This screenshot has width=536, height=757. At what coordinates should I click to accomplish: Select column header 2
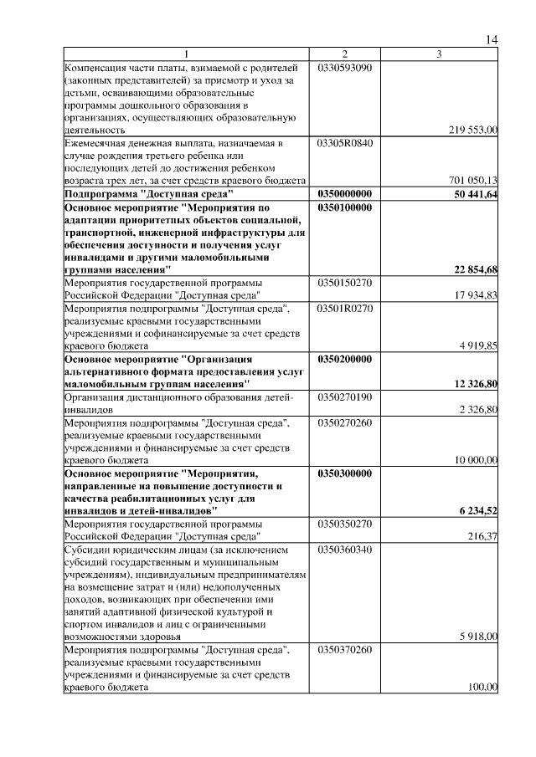tap(344, 54)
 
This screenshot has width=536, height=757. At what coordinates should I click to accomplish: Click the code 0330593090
tap(344, 67)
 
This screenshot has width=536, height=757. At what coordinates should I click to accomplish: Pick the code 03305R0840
tap(344, 143)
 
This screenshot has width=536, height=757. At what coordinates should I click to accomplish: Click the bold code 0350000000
tap(344, 193)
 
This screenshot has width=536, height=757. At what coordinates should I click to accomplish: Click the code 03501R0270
tap(344, 308)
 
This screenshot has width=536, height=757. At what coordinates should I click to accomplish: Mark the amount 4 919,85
tap(478, 345)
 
